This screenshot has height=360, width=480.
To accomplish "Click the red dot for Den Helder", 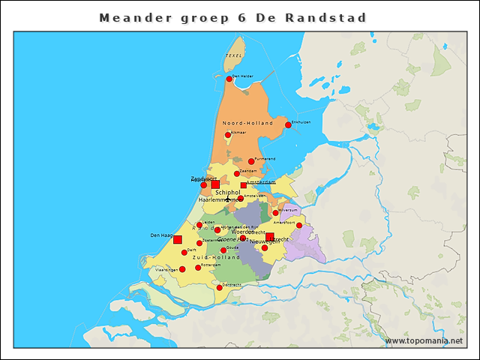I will tap(229, 78).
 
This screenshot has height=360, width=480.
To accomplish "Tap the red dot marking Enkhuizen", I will tap(288, 124).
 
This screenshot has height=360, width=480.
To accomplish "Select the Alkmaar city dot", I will tap(229, 135).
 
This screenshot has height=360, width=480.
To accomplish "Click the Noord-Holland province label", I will tap(247, 122).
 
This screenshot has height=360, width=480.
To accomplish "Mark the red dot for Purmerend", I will tap(251, 161).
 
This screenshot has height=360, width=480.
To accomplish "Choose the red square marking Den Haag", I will tap(178, 240).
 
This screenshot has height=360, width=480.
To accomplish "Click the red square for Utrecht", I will tap(270, 237).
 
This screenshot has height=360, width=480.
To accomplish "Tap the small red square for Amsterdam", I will tap(244, 184).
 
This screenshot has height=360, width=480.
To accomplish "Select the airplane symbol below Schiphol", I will tap(229, 199).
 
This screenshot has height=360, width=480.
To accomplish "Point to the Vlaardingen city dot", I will tap(182, 269).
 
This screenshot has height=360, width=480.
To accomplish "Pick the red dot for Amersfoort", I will tap(298, 225).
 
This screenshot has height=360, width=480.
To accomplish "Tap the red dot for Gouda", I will tap(223, 250).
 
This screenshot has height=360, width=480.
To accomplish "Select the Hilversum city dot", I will tap(275, 213).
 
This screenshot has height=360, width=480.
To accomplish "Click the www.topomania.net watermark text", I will tap(424, 340).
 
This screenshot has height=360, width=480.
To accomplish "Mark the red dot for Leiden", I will tap(199, 224).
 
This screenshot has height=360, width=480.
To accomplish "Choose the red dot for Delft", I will tap(184, 252).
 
